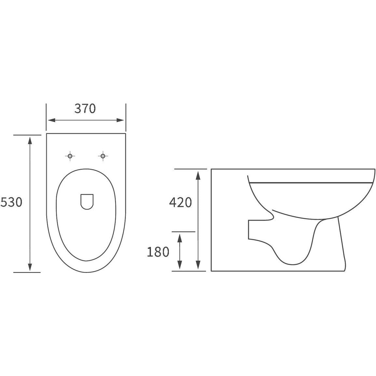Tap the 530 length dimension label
11,202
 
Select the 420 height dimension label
180,202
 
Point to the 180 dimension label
158,252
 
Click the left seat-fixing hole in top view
70,156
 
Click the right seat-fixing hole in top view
103,156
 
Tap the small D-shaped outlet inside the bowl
87,201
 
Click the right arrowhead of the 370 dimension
120,120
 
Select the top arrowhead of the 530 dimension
30,140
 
